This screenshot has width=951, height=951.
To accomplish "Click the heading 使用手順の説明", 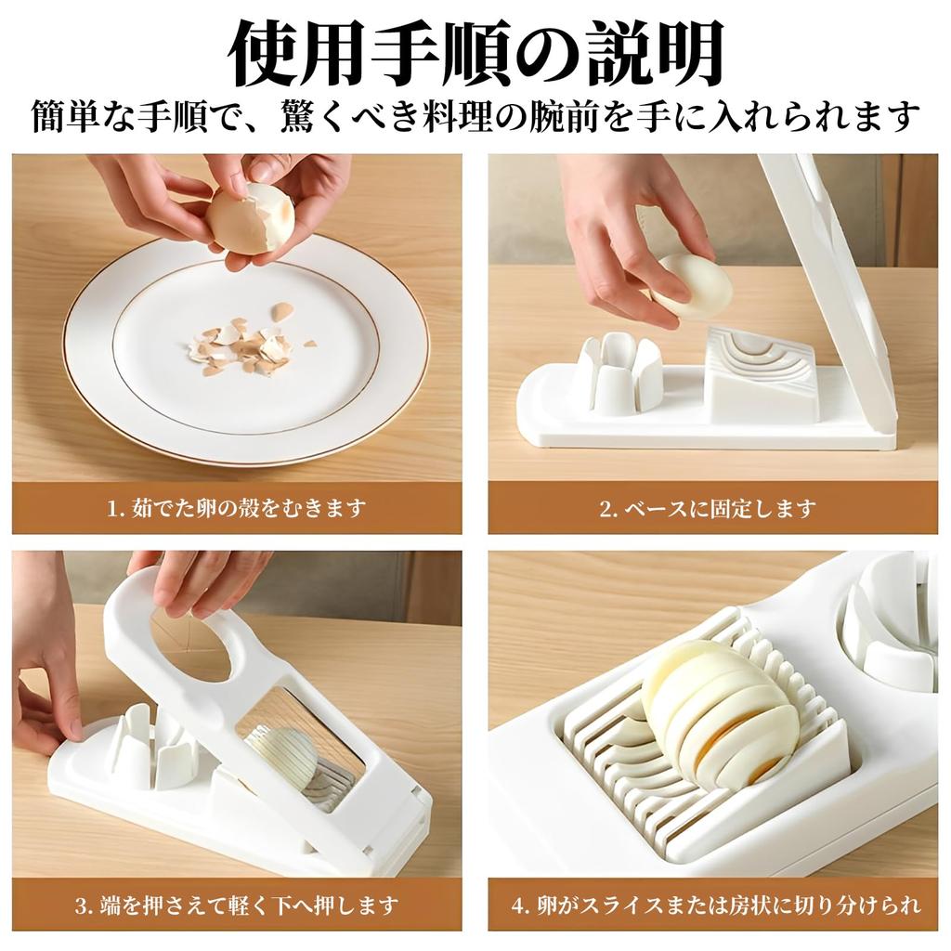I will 475,53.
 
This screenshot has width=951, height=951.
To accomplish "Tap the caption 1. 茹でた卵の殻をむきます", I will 236,508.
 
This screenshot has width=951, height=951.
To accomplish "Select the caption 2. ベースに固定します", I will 708,508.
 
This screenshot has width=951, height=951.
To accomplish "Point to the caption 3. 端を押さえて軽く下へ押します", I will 236,904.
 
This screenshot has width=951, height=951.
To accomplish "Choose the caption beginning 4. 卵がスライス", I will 715,904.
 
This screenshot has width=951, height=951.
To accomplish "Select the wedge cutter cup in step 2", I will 620,373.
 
